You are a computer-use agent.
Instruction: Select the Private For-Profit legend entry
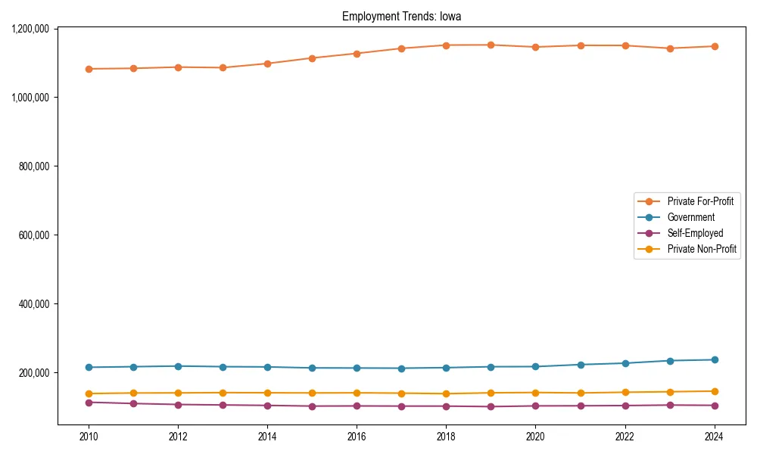[700, 201]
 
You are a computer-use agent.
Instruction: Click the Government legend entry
[690, 217]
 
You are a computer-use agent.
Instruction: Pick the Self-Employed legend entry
[695, 233]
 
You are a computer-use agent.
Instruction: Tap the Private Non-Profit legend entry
[702, 249]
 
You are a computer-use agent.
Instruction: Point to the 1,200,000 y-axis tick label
[31, 29]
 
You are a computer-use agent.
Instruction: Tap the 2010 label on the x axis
[89, 437]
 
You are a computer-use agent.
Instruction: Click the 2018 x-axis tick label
[446, 437]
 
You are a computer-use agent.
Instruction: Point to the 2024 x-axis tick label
[714, 437]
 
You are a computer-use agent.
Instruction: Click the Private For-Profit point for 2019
[491, 45]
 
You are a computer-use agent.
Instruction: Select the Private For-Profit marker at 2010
[89, 69]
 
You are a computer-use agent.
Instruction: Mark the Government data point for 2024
[714, 359]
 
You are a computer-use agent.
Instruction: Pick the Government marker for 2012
[178, 366]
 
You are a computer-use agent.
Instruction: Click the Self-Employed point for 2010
[89, 403]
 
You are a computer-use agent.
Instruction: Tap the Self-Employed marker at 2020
[535, 406]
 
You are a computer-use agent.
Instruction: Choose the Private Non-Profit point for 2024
[714, 391]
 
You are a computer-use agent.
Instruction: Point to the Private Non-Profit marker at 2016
[357, 393]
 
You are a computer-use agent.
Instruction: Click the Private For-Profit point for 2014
[267, 64]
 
